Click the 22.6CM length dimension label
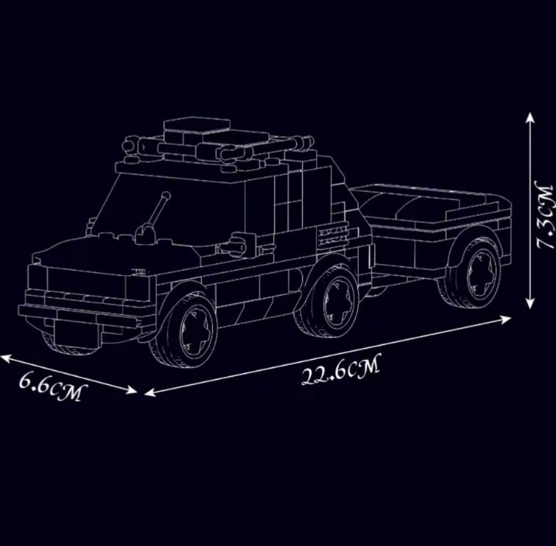point(341,369)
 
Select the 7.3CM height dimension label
point(546,215)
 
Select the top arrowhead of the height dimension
point(530,118)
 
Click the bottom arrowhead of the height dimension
point(530,303)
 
